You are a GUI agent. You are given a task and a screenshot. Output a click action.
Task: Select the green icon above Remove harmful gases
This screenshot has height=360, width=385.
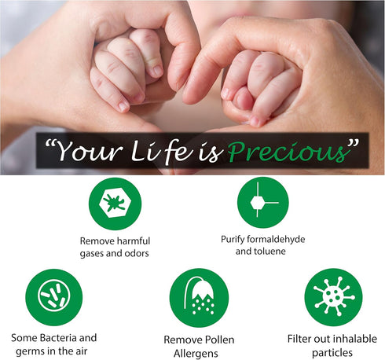coord(115,204)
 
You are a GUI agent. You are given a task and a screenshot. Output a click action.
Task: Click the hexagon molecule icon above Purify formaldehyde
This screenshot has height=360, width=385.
coord(262,202)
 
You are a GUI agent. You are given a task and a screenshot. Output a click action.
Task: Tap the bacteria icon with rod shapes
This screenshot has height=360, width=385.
coord(53,295)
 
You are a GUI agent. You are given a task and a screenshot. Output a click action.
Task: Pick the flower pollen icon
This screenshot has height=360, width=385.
coord(199,298)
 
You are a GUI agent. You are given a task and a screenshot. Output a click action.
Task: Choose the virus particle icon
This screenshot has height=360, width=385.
coord(334,295)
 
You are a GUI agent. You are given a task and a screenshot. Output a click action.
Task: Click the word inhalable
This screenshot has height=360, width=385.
coord(350,339)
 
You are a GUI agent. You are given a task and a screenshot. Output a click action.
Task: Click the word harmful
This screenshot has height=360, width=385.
coord(130,241)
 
